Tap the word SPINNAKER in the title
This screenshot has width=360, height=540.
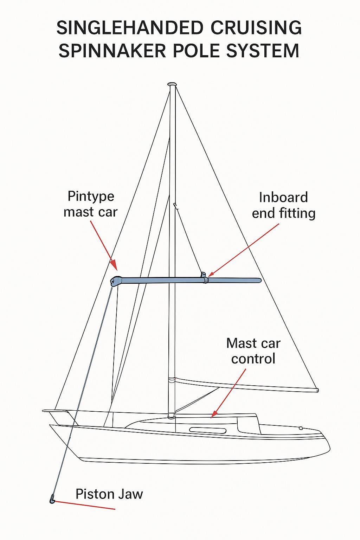[112, 51]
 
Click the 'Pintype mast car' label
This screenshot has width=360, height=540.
[91, 204]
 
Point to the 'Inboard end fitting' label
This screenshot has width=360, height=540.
[283, 205]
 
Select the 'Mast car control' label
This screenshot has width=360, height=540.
[253, 351]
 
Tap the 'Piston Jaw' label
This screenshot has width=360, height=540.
[109, 494]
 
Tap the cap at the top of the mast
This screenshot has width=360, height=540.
[172, 84]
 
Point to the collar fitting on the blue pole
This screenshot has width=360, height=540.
[205, 280]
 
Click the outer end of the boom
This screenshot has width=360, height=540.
[317, 390]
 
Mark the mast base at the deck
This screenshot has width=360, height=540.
[171, 416]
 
